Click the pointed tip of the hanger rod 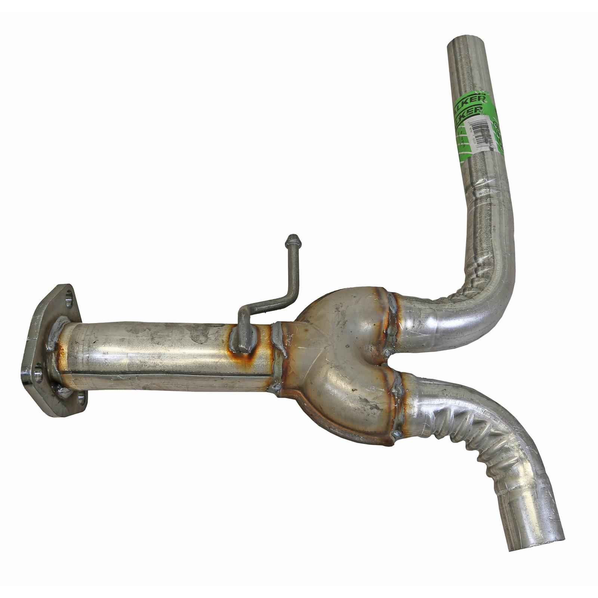click(293, 238)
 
